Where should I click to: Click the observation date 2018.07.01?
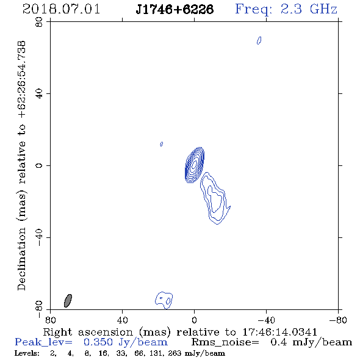tap(61, 9)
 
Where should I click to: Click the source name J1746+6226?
tap(175, 9)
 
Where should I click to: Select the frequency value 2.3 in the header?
tap(291, 9)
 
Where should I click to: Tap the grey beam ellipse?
tap(68, 301)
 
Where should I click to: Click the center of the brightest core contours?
tap(195, 165)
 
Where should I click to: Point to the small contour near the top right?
tap(259, 40)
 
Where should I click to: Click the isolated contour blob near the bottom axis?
tap(164, 300)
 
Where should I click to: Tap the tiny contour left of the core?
tap(162, 144)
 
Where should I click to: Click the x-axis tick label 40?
tap(123, 320)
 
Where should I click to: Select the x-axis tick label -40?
tap(266, 320)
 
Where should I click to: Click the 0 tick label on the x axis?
tap(195, 320)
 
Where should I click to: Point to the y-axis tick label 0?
tap(39, 165)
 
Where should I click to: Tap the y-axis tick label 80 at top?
tap(39, 22)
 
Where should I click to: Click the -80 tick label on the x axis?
tap(338, 320)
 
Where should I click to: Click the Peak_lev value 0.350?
tap(98, 342)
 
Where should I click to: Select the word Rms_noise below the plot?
tap(225, 342)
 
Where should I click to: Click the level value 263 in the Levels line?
tap(175, 353)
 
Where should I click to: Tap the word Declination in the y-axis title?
tap(21, 259)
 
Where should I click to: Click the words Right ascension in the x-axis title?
tap(88, 332)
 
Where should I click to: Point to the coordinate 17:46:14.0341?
tap(280, 332)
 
